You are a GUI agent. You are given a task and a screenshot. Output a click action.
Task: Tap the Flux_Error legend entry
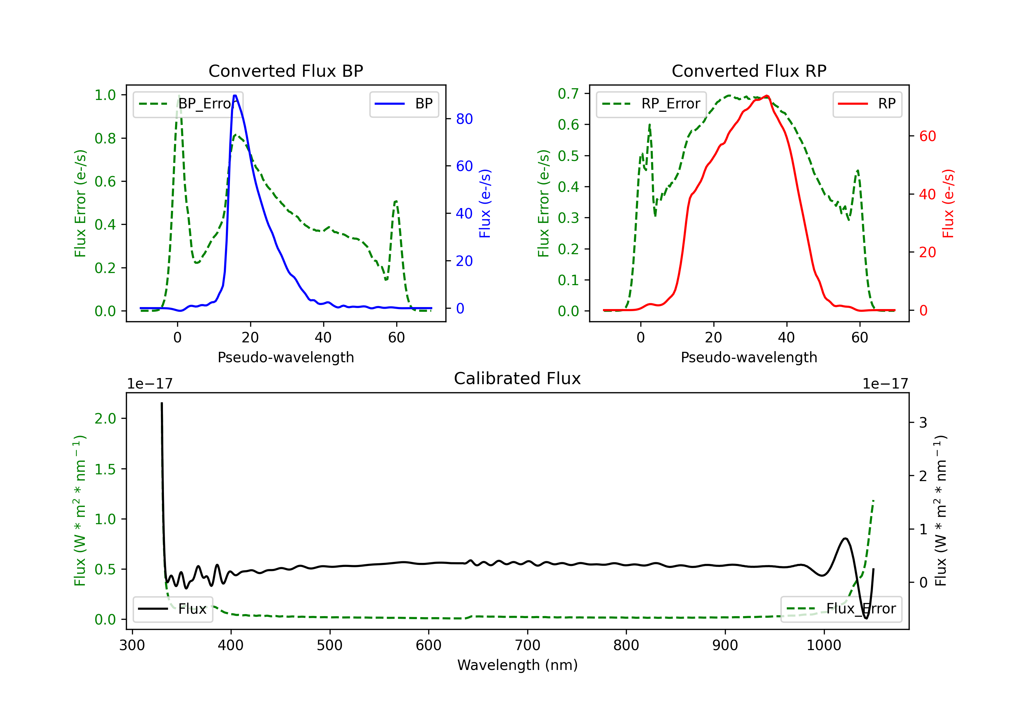841,609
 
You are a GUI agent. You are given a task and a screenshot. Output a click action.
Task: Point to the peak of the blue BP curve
235,96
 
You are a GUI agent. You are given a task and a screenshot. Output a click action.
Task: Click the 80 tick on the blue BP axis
464,119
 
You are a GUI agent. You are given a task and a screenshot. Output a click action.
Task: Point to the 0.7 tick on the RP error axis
568,93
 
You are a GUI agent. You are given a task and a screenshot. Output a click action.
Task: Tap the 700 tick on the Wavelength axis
528,645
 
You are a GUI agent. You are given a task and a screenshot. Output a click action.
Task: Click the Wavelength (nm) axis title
517,665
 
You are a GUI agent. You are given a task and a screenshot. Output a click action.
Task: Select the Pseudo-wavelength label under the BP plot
285,357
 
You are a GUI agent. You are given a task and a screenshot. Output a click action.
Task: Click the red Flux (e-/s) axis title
948,203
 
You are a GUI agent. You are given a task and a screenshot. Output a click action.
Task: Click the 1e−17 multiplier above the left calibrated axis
149,384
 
